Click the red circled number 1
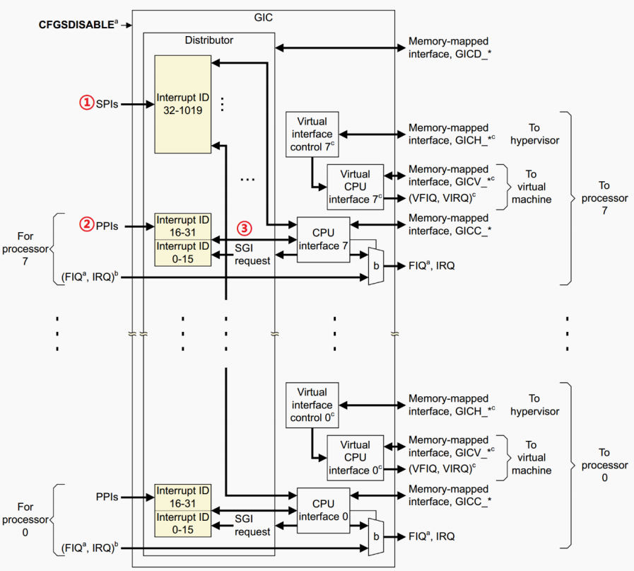tap(86, 103)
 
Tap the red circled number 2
tap(86, 226)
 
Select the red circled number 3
tap(243, 229)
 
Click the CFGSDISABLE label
tap(76, 25)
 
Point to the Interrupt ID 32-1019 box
tap(183, 103)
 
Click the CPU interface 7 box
tap(323, 238)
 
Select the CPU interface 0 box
tap(323, 509)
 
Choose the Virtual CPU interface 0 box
tap(355, 458)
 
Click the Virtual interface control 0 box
tap(312, 405)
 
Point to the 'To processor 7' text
tap(604, 198)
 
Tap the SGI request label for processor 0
tap(252, 525)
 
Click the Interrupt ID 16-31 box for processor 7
tap(183, 226)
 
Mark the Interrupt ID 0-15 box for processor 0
tap(183, 524)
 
